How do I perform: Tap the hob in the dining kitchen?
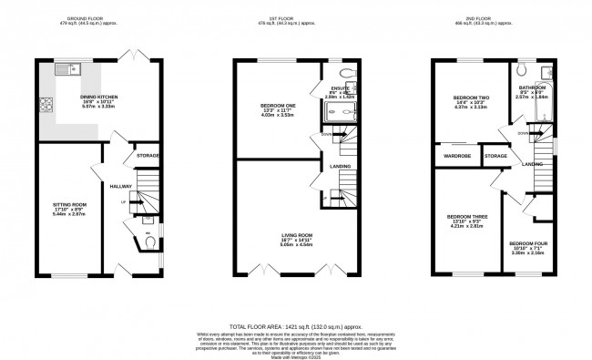tap(46, 101)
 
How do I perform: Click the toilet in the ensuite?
tap(346, 73)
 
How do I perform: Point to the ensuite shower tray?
tap(340, 112)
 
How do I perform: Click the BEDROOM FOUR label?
tap(527, 243)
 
